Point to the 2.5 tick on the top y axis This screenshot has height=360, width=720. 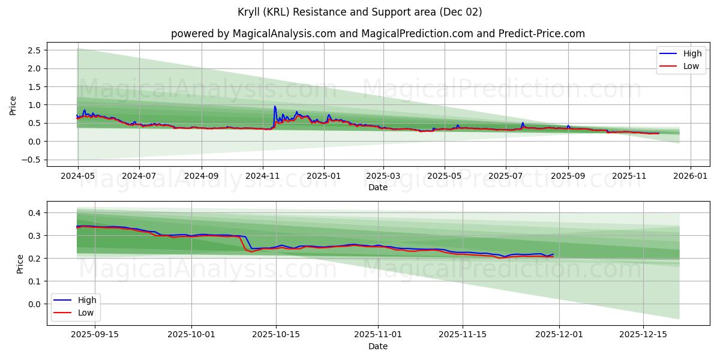[x=34, y=50]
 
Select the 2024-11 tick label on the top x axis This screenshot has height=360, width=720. [x=262, y=176]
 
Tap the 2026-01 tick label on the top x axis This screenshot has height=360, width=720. [x=691, y=176]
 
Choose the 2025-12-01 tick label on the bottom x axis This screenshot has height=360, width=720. [x=559, y=335]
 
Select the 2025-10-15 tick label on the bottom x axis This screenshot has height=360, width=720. [x=276, y=335]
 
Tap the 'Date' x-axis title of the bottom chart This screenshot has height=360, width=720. [x=377, y=346]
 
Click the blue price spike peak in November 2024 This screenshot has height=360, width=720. [x=275, y=106]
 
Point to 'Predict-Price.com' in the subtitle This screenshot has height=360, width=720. [x=541, y=34]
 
